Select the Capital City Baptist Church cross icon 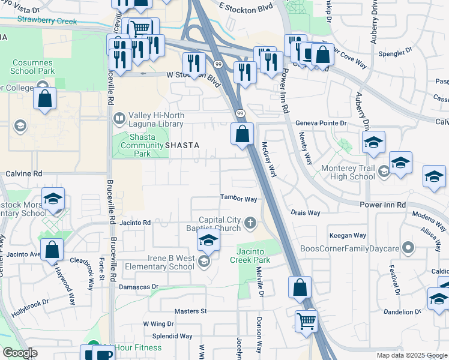click(251, 224)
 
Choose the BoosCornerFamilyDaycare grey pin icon click(409, 247)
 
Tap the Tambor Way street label click(238, 199)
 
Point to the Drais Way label click(305, 212)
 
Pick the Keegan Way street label click(347, 235)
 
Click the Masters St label click(190, 311)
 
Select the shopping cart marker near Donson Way click(306, 322)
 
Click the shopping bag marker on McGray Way click(242, 133)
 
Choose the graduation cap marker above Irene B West click(208, 240)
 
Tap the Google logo click(19, 353)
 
